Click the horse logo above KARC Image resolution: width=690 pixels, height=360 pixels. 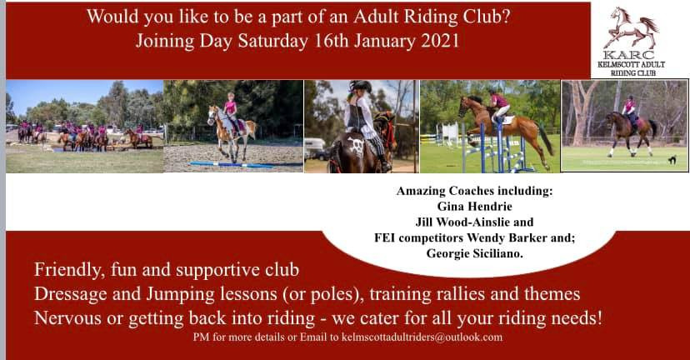631,27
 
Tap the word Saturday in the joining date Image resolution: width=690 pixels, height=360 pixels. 272,42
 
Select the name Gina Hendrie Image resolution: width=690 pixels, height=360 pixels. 474,207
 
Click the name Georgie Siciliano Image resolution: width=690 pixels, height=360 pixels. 474,254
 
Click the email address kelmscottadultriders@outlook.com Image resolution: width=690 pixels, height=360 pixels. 422,337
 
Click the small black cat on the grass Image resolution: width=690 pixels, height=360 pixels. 672,160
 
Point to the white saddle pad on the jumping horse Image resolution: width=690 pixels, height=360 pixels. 507,120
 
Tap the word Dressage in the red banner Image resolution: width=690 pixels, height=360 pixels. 70,294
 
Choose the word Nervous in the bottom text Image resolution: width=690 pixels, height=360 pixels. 67,318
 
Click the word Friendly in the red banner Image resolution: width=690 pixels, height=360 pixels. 69,270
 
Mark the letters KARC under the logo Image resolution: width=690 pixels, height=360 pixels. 629,56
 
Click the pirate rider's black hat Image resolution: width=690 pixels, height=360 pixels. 361,86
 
